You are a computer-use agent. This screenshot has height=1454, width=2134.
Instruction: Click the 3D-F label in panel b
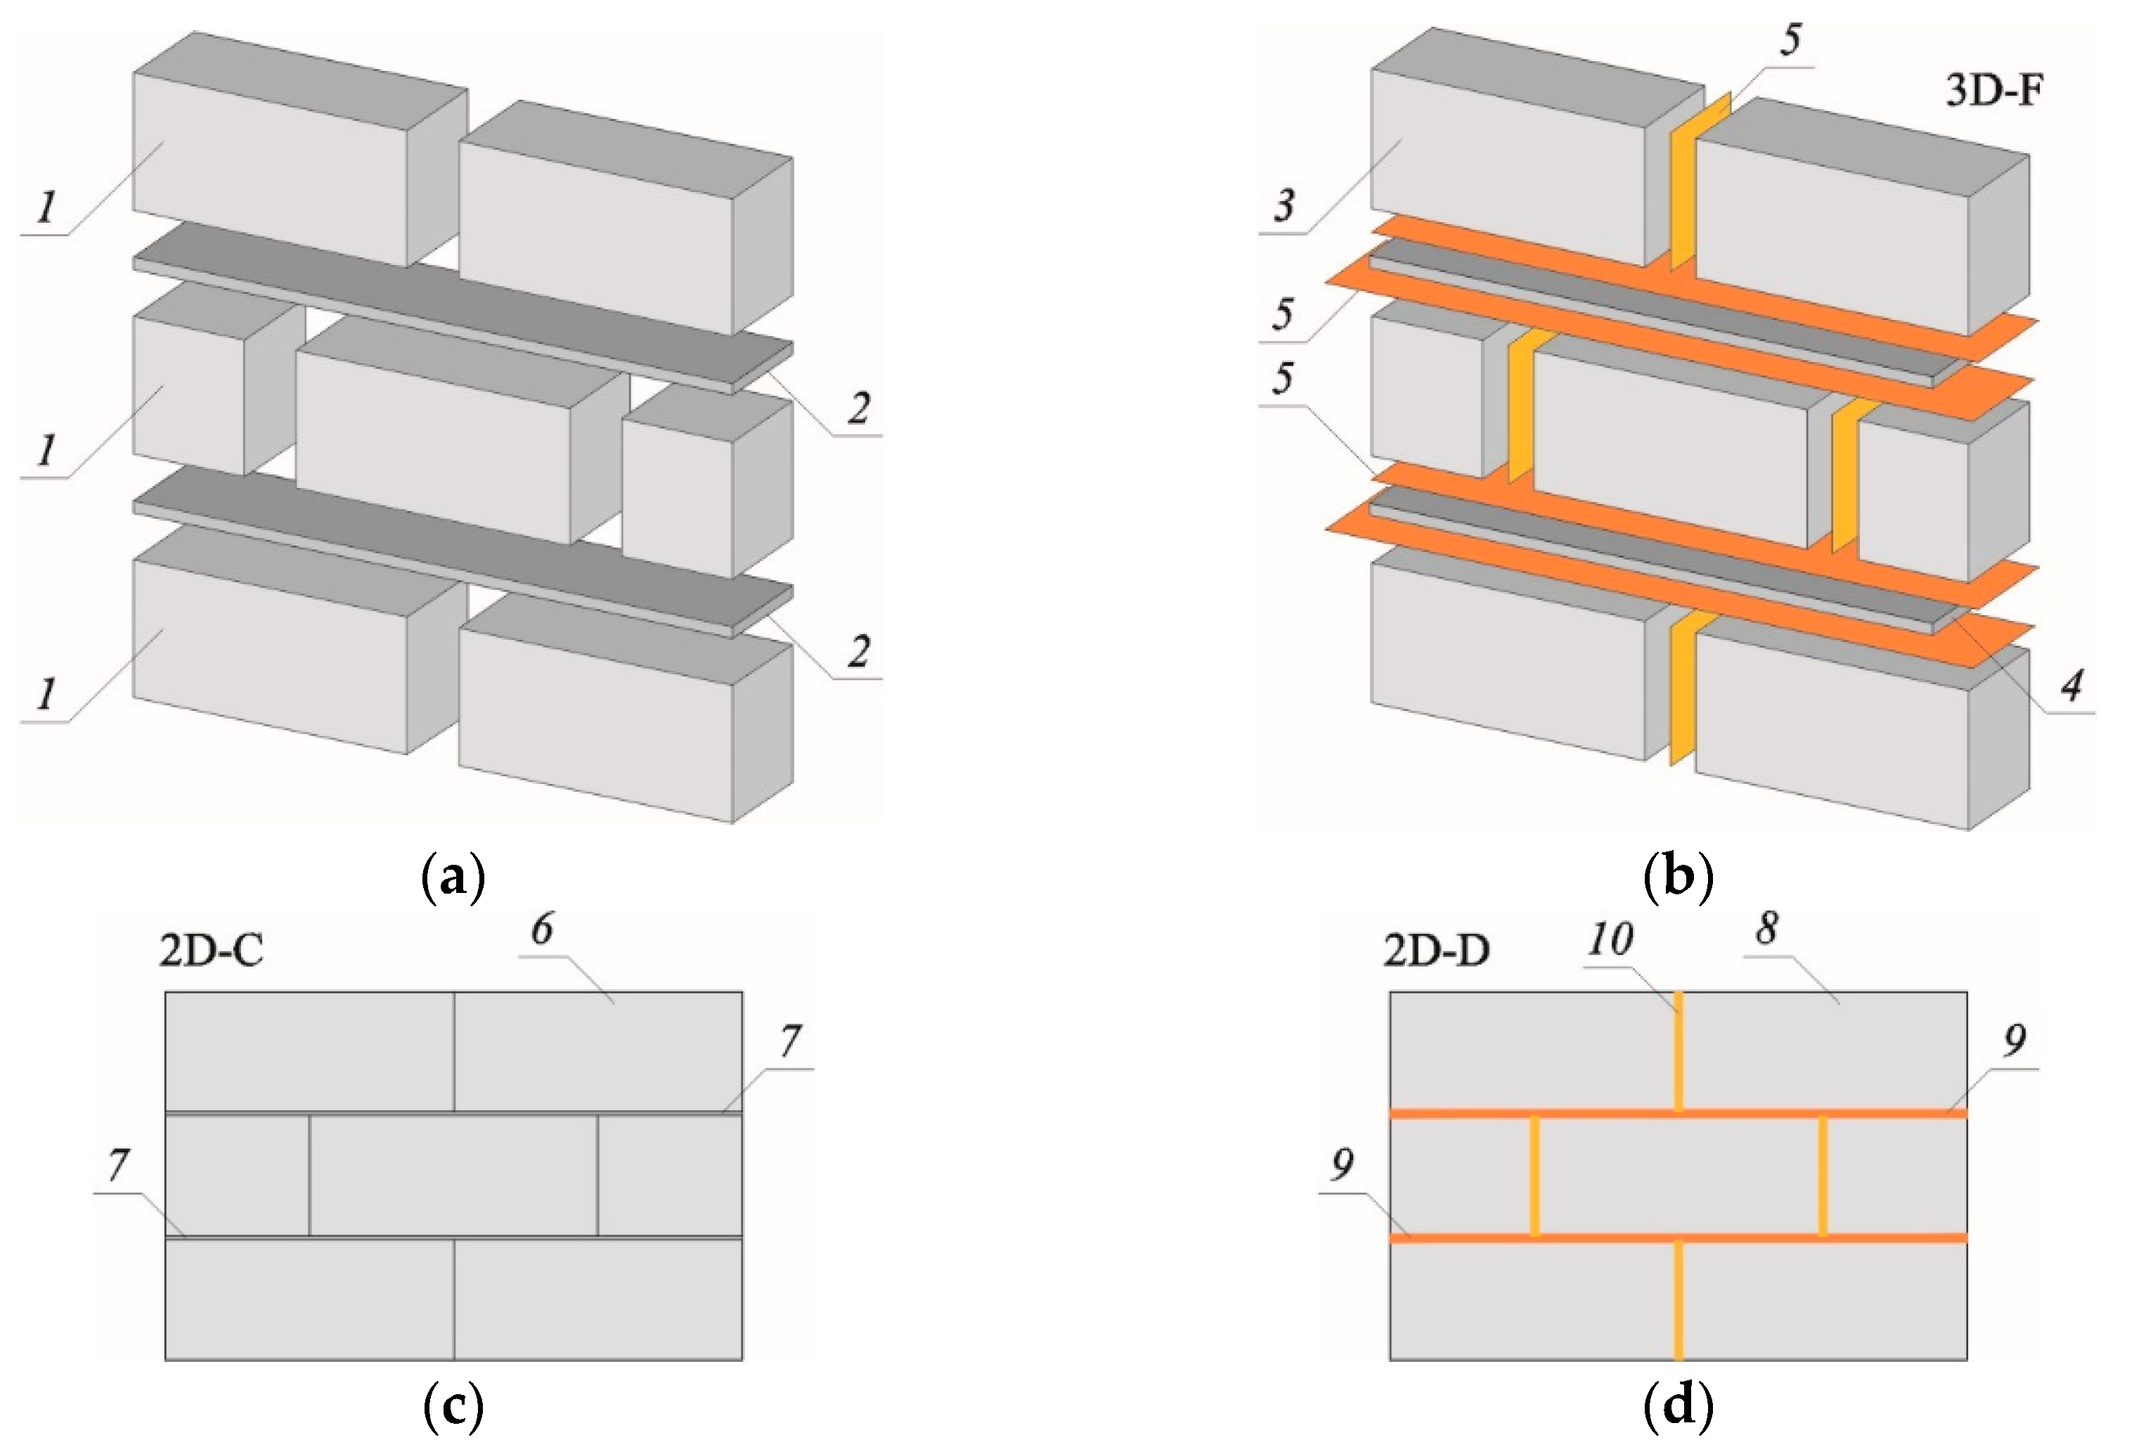pos(1993,91)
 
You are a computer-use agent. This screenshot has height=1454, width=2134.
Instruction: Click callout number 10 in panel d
pos(1610,939)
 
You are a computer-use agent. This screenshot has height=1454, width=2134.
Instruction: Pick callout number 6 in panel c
pos(543,929)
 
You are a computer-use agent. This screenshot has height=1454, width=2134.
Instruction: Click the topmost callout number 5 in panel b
pos(1790,39)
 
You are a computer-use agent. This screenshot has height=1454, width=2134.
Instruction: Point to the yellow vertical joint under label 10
pos(1678,1052)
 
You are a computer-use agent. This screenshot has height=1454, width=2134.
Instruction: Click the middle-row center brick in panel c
pos(453,1176)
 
